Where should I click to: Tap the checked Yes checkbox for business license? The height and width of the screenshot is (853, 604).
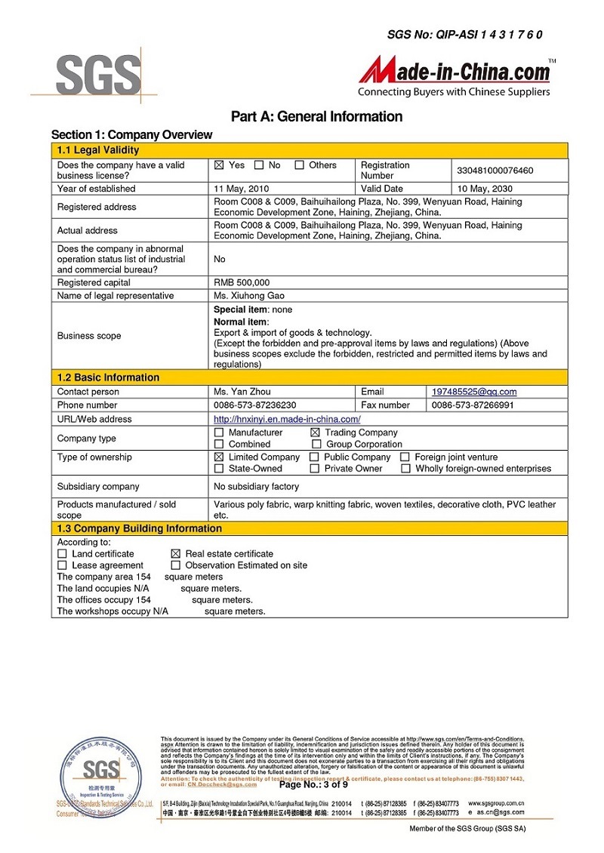[x=220, y=165]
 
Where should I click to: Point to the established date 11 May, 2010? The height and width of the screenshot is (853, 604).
[x=242, y=189]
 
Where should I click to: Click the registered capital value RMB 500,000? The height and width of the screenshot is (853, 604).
[x=242, y=282]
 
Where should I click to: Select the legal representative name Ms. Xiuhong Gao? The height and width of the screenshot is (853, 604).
[x=249, y=296]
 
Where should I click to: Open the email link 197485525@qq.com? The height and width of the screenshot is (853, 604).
[x=474, y=392]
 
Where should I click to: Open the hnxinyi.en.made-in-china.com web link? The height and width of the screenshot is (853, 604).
[x=287, y=419]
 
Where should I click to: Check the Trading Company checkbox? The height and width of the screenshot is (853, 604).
[x=315, y=433]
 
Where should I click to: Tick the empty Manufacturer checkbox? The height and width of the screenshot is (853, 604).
[x=219, y=433]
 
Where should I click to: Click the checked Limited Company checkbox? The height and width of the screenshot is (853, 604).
[x=219, y=457]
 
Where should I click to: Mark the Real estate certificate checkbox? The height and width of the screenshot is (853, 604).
[x=176, y=554]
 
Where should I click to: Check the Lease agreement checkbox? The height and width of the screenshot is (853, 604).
[x=62, y=565]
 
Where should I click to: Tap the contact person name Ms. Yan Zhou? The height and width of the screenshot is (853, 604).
[x=242, y=392]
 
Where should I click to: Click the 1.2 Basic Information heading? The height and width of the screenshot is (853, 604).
[x=109, y=377]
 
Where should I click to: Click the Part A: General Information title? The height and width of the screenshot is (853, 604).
[x=316, y=116]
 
